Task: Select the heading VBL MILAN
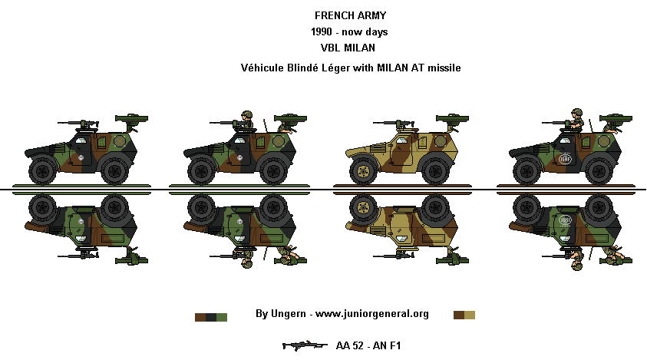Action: tap(348, 48)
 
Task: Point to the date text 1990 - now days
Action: tap(348, 31)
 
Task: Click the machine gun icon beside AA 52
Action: tap(305, 345)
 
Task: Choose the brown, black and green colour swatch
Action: tap(211, 315)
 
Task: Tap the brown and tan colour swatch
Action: tap(464, 315)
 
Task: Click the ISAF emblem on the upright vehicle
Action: tap(566, 160)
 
